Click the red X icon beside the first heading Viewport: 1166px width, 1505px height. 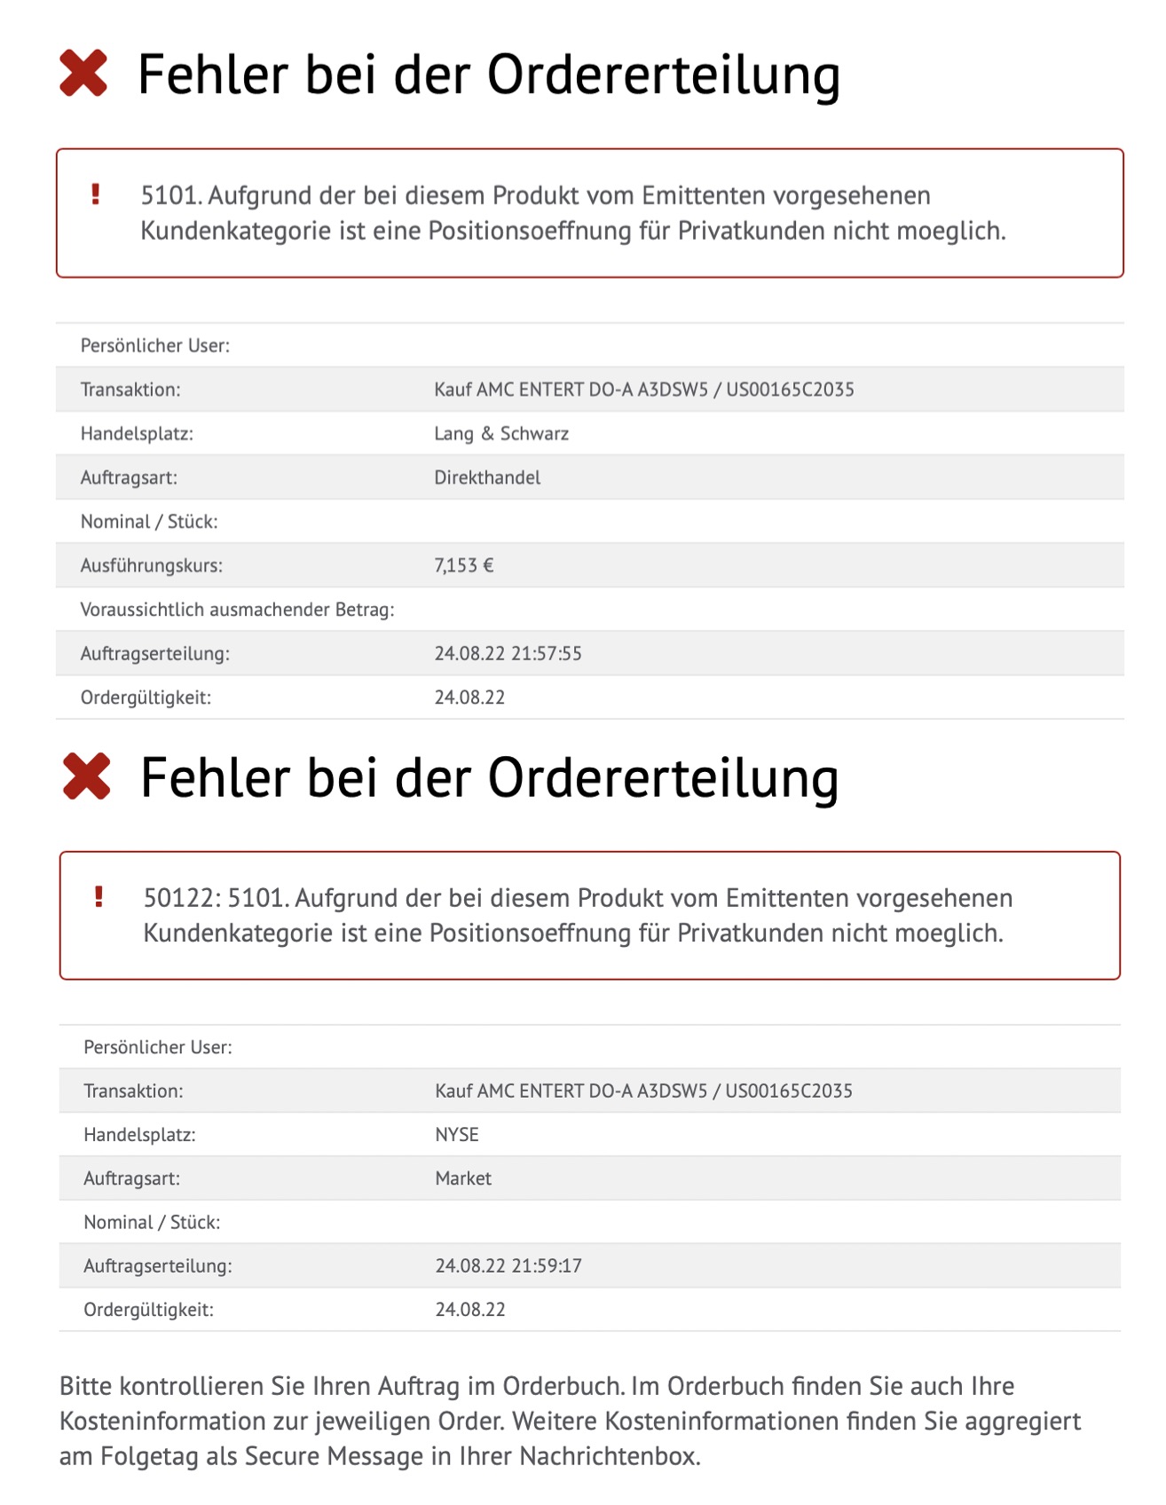point(83,73)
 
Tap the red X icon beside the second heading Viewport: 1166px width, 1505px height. point(87,776)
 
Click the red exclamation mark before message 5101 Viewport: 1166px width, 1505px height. point(96,194)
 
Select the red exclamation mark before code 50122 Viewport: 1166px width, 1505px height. point(98,897)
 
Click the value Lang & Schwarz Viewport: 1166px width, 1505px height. point(501,433)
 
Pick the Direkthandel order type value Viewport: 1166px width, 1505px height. point(487,477)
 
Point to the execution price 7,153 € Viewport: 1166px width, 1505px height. point(463,565)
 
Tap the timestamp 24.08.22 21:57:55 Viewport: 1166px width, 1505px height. point(508,653)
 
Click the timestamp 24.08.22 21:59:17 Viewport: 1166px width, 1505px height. point(508,1265)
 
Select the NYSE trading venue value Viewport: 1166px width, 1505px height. point(457,1134)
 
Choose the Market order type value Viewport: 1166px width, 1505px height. point(463,1178)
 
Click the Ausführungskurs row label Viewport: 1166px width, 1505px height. point(152,565)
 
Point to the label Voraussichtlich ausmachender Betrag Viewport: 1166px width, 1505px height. point(237,610)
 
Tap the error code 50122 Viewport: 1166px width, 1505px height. point(181,898)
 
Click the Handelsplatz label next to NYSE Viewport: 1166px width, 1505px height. point(139,1134)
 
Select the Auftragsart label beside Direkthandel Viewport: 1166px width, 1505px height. point(129,477)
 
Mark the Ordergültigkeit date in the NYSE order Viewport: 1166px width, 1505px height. point(470,1309)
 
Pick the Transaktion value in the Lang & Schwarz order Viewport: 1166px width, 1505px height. point(643,389)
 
